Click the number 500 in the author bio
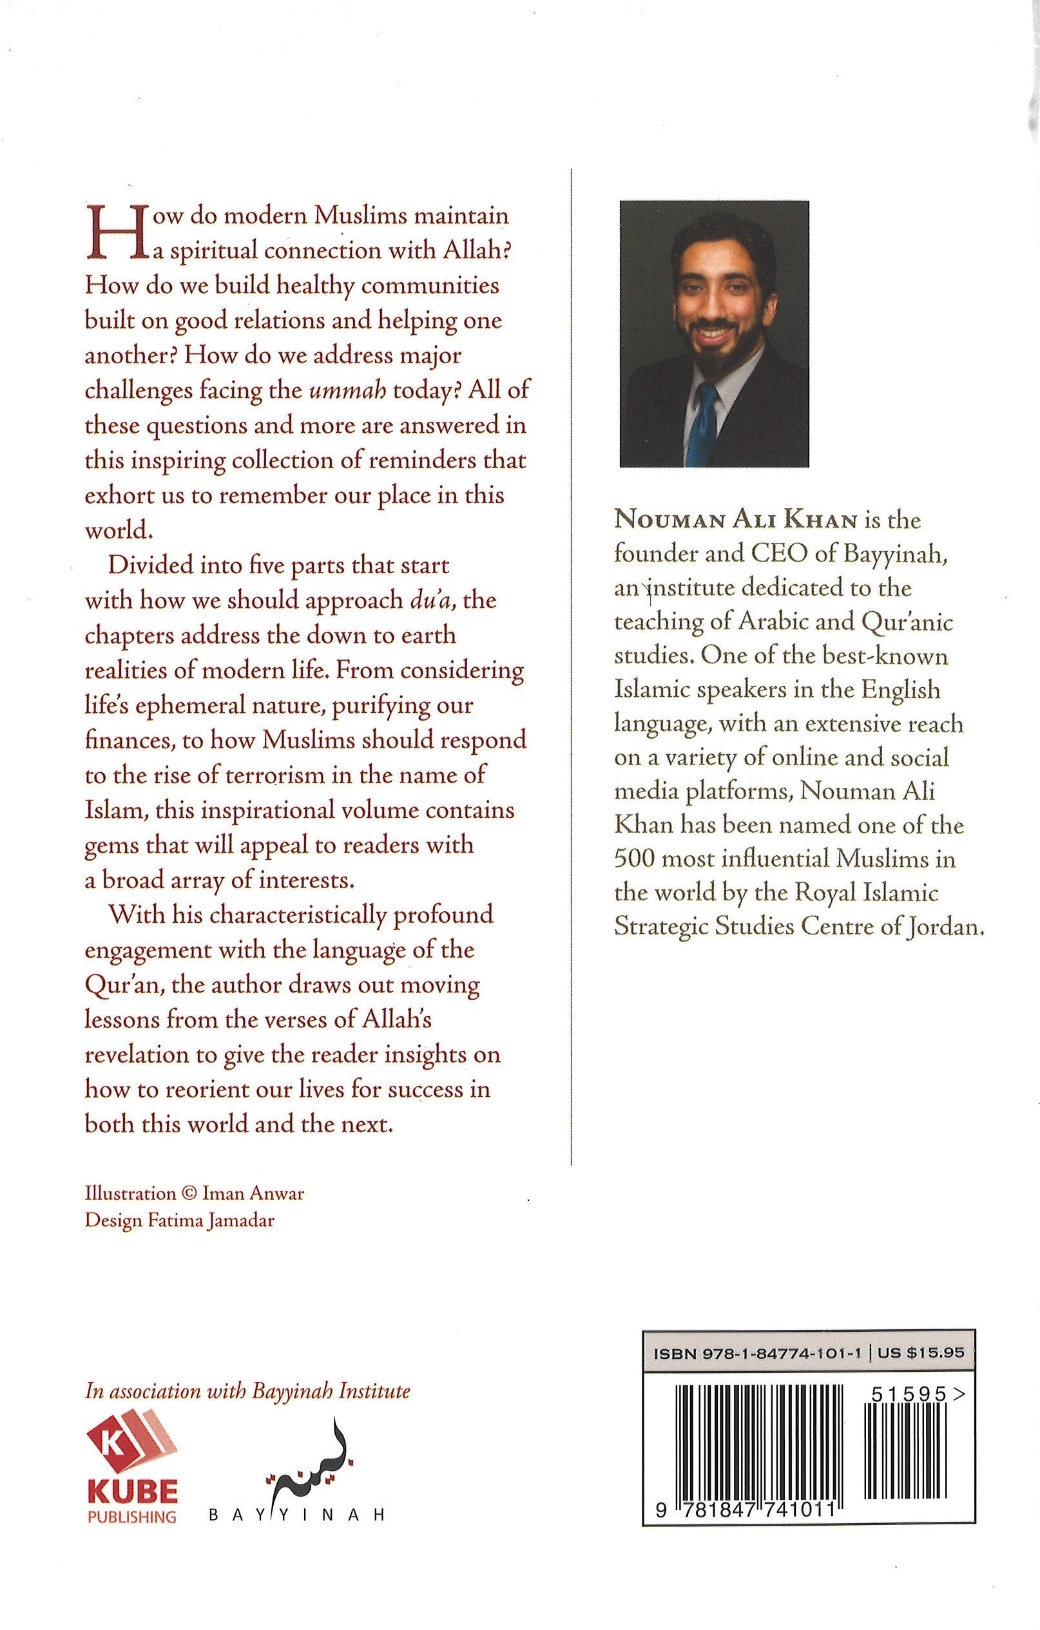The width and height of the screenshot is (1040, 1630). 634,859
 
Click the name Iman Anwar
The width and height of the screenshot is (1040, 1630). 253,1193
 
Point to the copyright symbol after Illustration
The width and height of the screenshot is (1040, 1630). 189,1194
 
